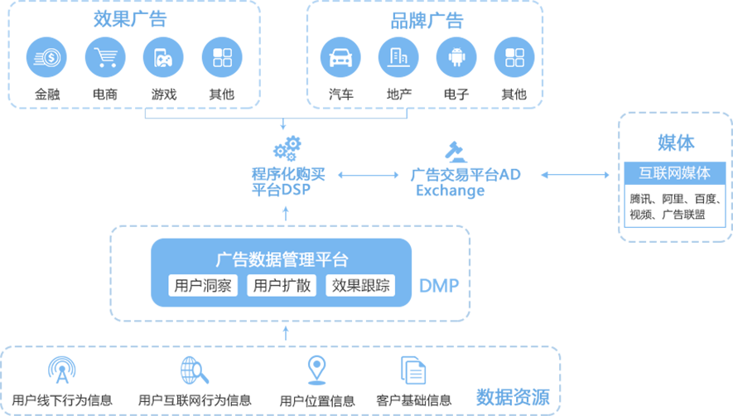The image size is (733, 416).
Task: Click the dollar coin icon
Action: (46, 58)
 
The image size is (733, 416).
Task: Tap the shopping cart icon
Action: (105, 58)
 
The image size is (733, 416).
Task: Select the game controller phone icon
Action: (163, 58)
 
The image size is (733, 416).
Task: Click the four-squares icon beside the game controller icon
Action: (222, 58)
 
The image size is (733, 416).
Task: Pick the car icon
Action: (340, 58)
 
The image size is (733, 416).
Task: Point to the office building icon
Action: (398, 57)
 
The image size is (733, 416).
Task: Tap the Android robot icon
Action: (456, 58)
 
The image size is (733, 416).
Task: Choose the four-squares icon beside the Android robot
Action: (514, 58)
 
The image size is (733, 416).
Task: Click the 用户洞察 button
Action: (203, 286)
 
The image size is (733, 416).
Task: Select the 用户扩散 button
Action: (282, 286)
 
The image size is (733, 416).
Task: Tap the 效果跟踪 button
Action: (361, 286)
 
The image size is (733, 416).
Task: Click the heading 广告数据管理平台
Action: (282, 259)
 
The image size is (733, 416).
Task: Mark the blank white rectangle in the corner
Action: (671, 354)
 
